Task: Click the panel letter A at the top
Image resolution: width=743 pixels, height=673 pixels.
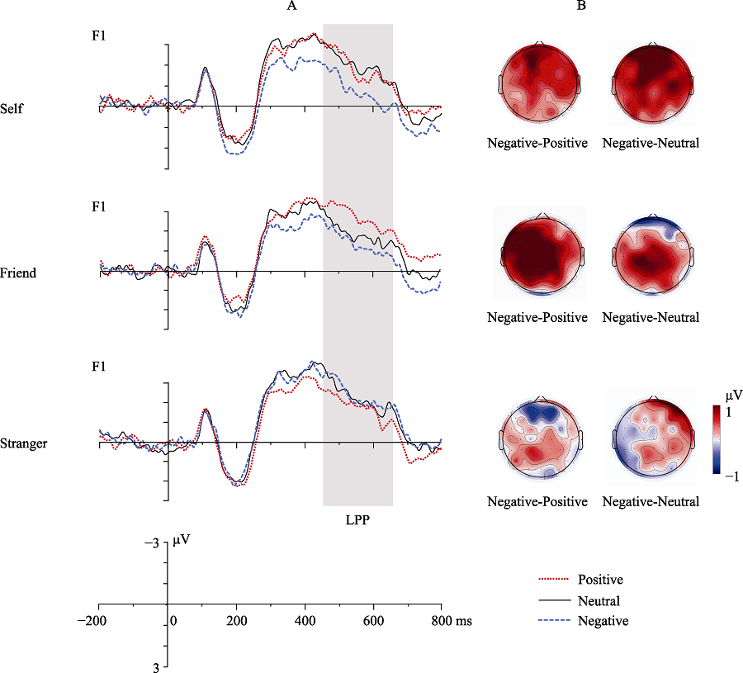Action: pyautogui.click(x=291, y=7)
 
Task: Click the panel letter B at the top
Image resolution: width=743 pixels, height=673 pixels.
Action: pyautogui.click(x=580, y=7)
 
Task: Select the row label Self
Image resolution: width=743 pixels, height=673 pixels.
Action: pyautogui.click(x=12, y=108)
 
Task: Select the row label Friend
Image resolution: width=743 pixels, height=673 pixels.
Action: pyautogui.click(x=18, y=273)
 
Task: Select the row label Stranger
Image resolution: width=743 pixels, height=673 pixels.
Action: pyautogui.click(x=24, y=443)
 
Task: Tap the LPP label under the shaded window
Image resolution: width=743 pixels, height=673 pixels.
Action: pyautogui.click(x=357, y=521)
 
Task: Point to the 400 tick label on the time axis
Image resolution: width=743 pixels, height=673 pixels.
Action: pyautogui.click(x=305, y=620)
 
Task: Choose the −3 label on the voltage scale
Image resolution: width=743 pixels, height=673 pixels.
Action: pyautogui.click(x=154, y=544)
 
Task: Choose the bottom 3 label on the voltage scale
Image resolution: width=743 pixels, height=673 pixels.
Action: pyautogui.click(x=156, y=666)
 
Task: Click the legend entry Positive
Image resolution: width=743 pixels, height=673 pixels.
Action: pyautogui.click(x=601, y=580)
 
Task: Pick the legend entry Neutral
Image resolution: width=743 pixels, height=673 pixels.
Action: pyautogui.click(x=599, y=601)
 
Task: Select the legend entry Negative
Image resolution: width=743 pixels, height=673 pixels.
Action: pyautogui.click(x=602, y=622)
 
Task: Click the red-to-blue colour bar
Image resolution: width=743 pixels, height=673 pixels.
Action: pyautogui.click(x=717, y=438)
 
